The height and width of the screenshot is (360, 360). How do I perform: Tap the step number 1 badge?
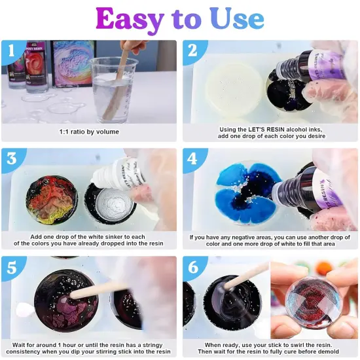(10, 50)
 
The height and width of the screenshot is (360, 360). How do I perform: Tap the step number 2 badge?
(192, 50)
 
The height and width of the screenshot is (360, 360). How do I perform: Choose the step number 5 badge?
(10, 268)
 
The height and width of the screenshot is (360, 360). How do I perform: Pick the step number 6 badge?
(192, 268)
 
